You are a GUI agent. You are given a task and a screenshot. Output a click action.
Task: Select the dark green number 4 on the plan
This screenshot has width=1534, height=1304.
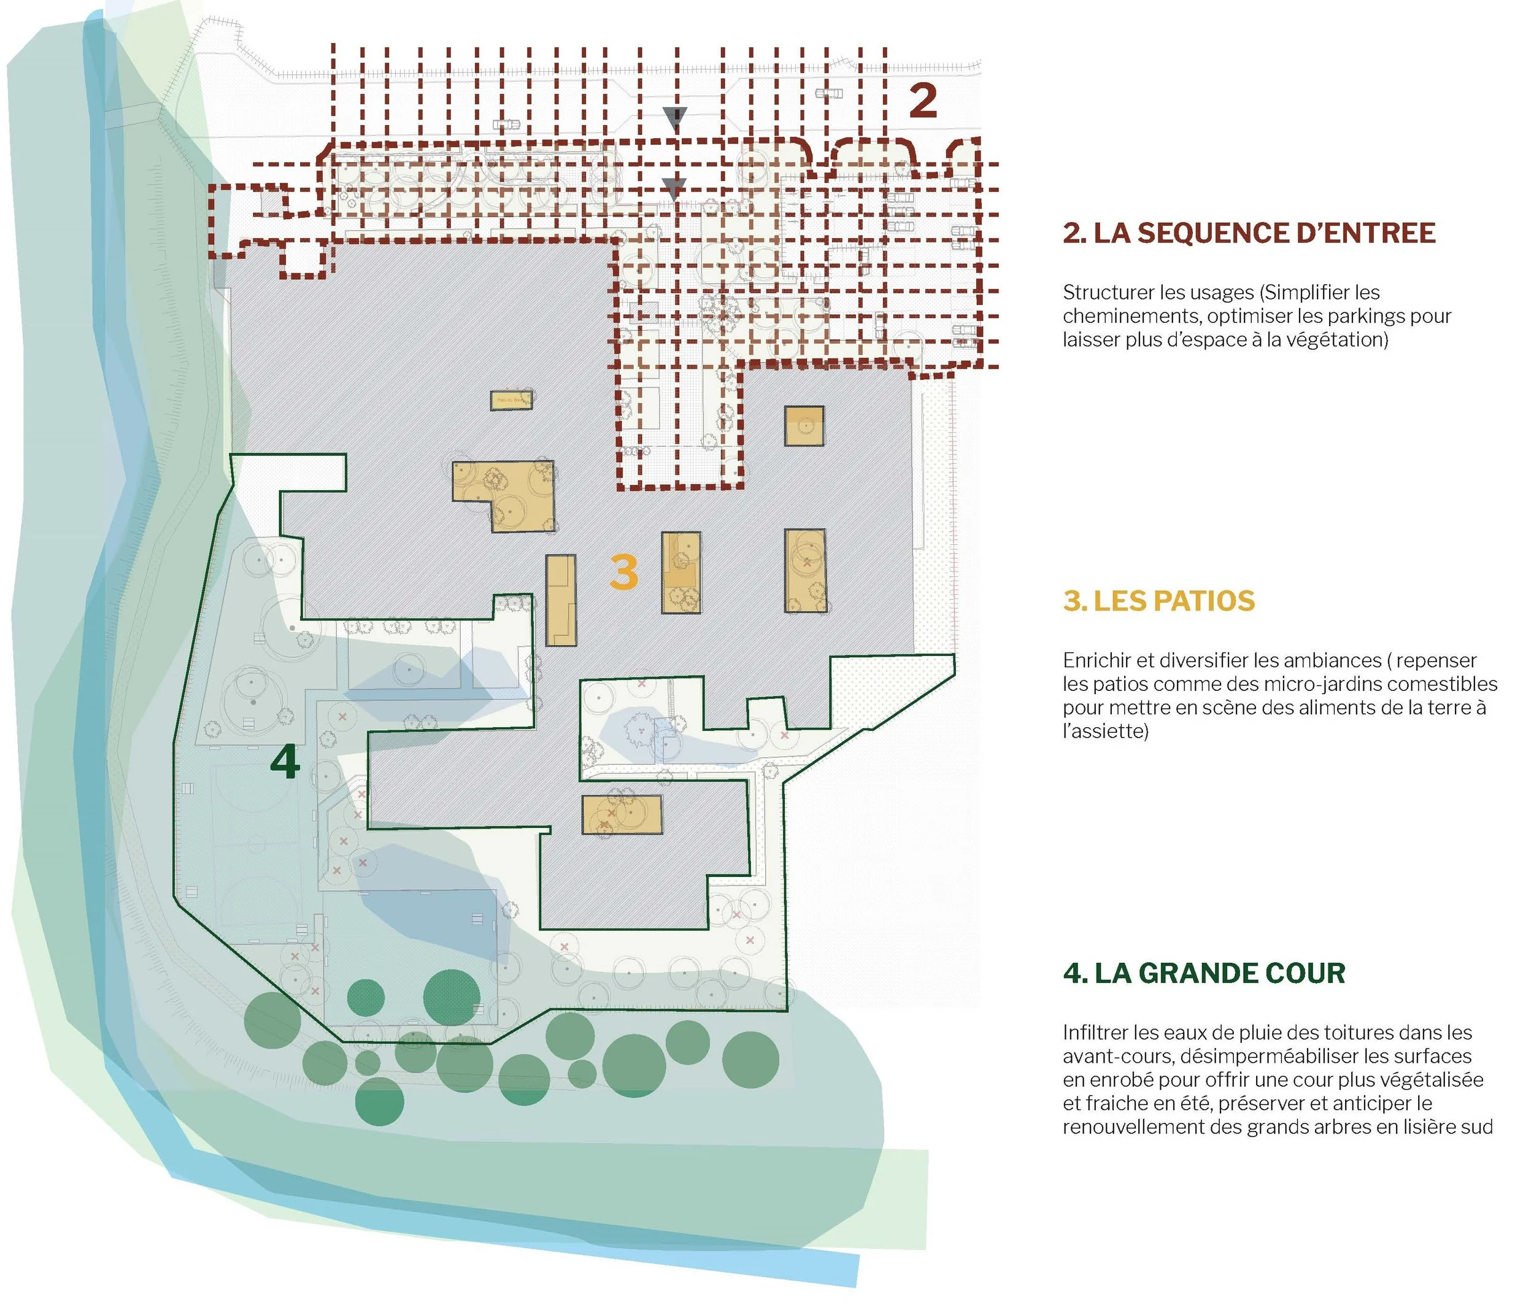[x=285, y=762]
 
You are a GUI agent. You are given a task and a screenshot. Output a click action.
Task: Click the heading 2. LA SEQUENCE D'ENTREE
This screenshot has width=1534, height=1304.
[x=1249, y=233]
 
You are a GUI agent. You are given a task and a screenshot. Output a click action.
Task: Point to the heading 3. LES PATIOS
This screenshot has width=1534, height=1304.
[x=1158, y=601]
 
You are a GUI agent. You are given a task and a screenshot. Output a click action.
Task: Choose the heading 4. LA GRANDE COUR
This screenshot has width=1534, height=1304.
[x=1203, y=973]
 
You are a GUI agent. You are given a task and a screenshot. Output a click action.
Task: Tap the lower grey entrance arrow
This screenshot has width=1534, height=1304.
[x=673, y=188]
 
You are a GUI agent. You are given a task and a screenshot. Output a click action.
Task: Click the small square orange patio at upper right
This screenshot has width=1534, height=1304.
[x=804, y=426]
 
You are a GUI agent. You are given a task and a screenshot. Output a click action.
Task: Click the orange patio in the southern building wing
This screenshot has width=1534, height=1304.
[x=621, y=815]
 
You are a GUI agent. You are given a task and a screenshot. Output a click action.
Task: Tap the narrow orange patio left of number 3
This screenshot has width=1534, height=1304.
[x=560, y=600]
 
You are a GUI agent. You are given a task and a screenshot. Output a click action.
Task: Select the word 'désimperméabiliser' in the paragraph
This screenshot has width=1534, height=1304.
[x=1219, y=1056]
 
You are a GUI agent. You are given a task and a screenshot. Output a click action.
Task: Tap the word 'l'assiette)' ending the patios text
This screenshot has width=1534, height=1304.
[x=1105, y=731]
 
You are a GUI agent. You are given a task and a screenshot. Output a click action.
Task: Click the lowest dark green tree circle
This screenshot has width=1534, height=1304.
[x=379, y=1101]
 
